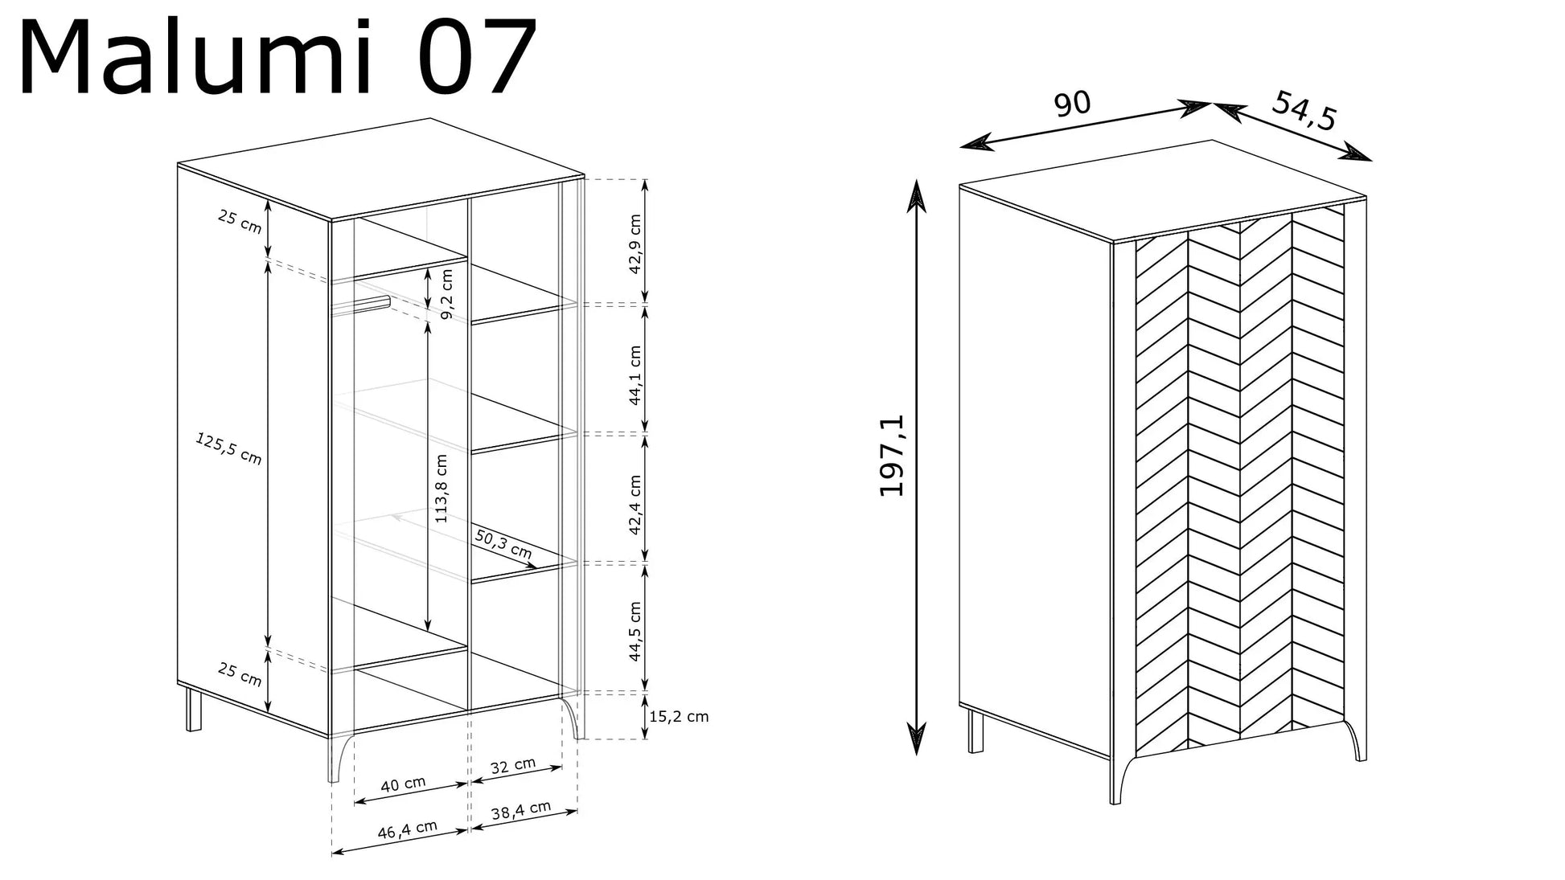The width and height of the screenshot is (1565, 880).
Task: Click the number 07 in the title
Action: click(x=478, y=58)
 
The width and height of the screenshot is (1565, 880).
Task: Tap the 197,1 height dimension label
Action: click(x=892, y=455)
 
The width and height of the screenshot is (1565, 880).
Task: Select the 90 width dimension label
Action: click(x=1072, y=104)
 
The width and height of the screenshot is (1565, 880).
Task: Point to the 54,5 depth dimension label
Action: click(x=1304, y=109)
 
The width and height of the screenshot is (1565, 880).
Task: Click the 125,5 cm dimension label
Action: click(x=229, y=448)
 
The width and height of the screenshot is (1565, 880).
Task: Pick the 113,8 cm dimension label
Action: click(x=442, y=489)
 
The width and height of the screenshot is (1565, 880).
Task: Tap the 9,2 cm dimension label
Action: click(x=447, y=293)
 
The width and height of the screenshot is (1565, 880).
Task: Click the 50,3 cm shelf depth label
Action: click(x=503, y=543)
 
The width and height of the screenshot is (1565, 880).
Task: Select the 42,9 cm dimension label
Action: click(x=635, y=244)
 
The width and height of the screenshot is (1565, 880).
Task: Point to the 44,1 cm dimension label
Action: click(x=635, y=375)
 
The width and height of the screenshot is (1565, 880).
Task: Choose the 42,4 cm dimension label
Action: click(x=635, y=505)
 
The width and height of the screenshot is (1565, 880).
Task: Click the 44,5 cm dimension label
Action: click(x=635, y=631)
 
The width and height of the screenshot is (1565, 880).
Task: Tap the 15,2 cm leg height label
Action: click(x=679, y=716)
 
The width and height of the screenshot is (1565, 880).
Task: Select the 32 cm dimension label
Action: click(x=513, y=765)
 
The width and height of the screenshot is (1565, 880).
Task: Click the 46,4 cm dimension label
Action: click(x=408, y=829)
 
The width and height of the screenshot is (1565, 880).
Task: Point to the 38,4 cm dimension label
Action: click(x=521, y=811)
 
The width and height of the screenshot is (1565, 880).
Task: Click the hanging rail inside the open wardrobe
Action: click(x=361, y=305)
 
